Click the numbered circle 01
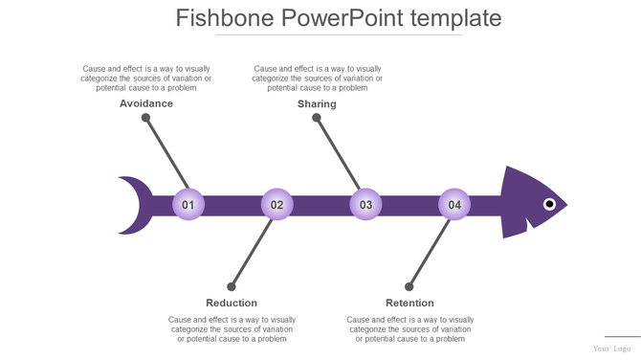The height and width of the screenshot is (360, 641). pos(188,205)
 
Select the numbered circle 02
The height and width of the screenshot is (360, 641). pos(276,205)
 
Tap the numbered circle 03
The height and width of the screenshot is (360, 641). pos(365,205)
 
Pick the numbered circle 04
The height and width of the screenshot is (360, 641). pos(454,205)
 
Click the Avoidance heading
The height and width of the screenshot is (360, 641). pos(146,103)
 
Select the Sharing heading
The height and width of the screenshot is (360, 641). pos(317,103)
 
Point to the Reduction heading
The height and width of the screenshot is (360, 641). pos(232,303)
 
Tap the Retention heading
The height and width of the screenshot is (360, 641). pos(409,303)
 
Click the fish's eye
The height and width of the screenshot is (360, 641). pos(549,204)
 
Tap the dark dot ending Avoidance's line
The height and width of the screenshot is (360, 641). pos(145,118)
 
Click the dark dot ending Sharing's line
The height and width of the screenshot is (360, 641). pos(317,118)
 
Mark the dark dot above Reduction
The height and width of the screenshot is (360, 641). pos(231,286)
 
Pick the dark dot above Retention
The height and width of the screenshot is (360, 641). pos(409,286)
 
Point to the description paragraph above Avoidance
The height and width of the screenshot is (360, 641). pos(146,78)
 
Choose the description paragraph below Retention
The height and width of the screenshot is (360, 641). pos(409,328)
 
